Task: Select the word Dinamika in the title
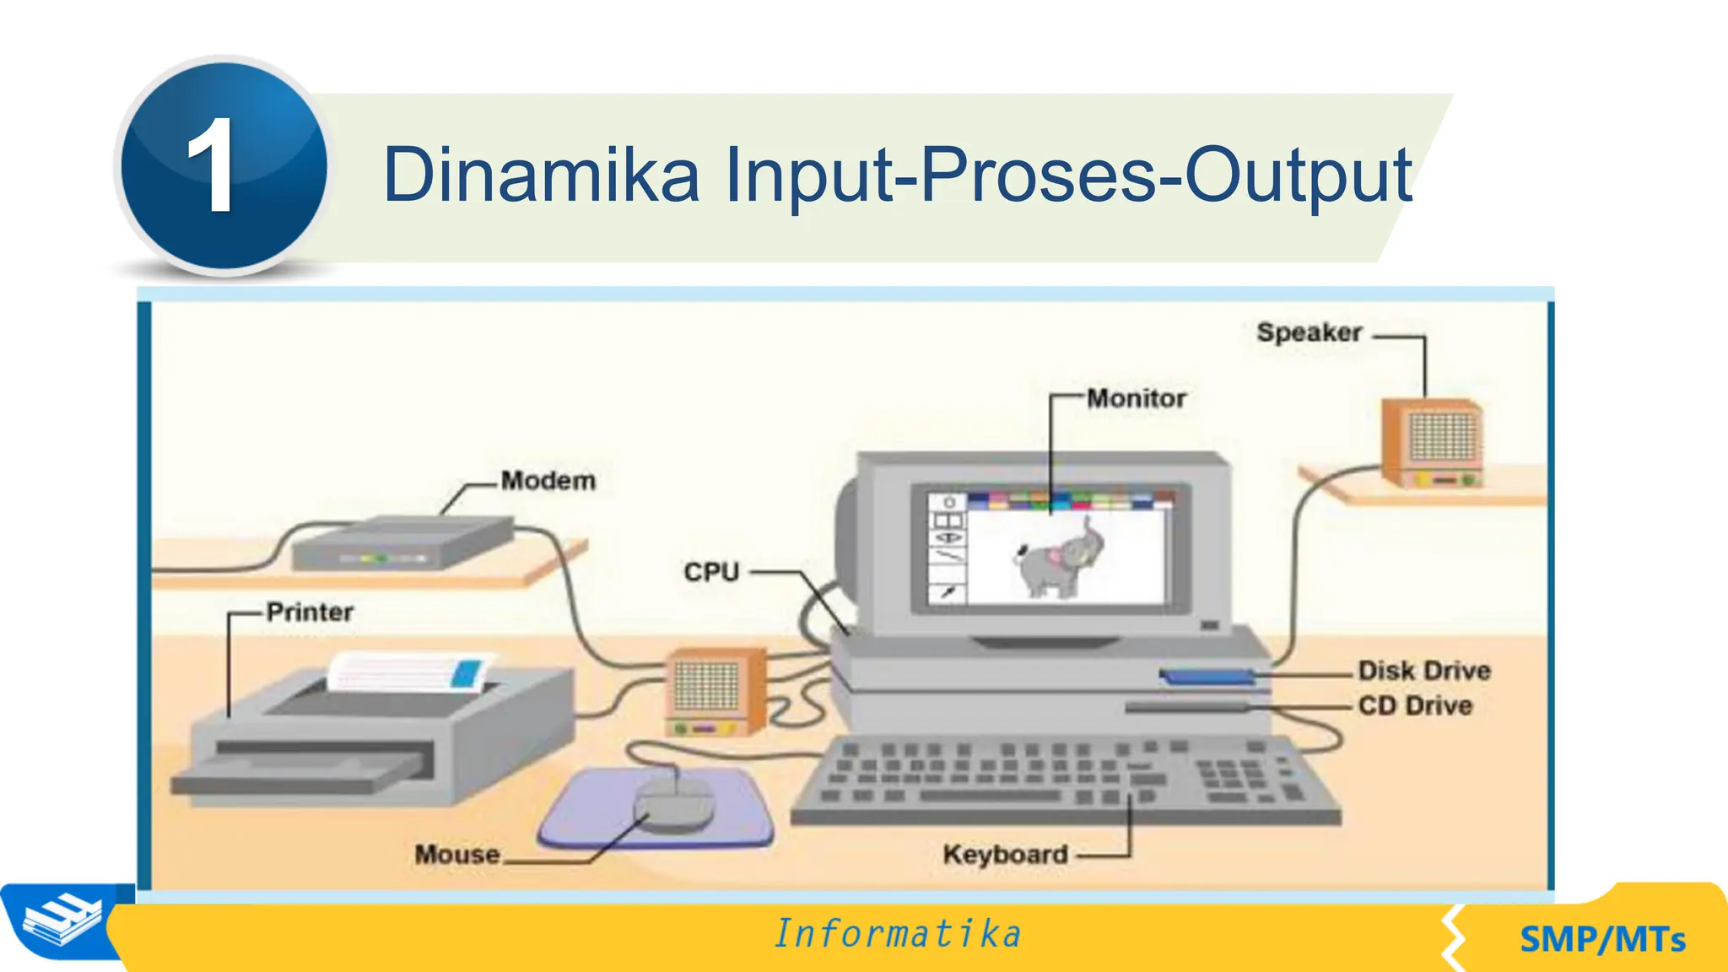point(540,175)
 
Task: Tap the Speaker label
point(1309,332)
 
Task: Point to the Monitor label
point(1136,398)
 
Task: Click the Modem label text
point(548,481)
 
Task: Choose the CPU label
point(710,572)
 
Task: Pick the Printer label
point(310,612)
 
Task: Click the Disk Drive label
point(1424,671)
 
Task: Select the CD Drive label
point(1415,705)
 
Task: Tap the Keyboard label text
point(1005,855)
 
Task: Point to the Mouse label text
point(457,855)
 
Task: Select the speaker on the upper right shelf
point(1432,443)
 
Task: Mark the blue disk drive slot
point(1207,676)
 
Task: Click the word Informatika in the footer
point(898,934)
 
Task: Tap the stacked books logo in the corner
point(61,922)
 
